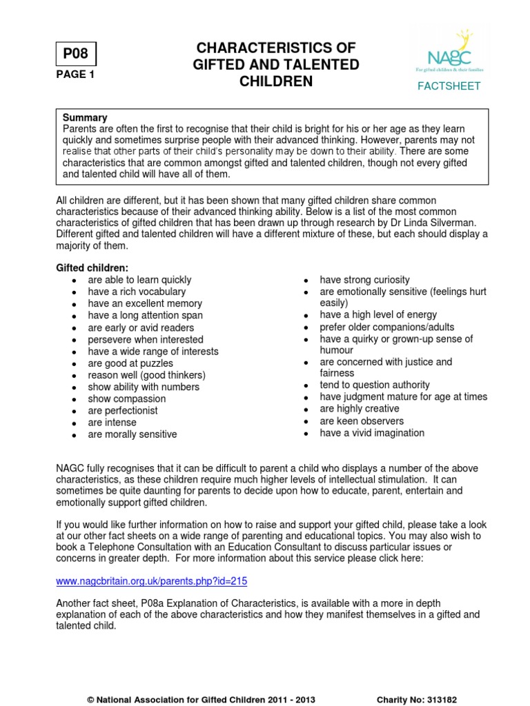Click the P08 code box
(76, 54)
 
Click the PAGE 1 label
(75, 75)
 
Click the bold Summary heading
(85, 118)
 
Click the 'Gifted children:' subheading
(92, 268)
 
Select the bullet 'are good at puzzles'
(130, 363)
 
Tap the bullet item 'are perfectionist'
(123, 410)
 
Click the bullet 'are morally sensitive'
(132, 434)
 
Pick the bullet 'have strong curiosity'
(364, 280)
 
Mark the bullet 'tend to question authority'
(375, 385)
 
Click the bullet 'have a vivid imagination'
(372, 433)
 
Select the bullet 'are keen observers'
(362, 421)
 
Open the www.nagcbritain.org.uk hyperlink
(150, 581)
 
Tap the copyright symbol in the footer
(90, 699)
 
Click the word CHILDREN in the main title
(276, 81)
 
